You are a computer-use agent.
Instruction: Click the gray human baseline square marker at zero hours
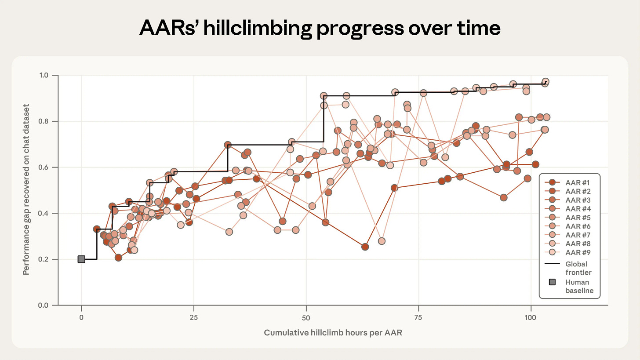pos(81,259)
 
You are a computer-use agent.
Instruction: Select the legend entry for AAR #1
pos(572,182)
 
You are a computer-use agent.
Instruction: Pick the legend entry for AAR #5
pos(572,218)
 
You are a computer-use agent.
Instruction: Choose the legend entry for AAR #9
pos(572,253)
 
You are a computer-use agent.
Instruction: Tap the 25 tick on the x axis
pos(194,317)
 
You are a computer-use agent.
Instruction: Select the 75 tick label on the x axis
pos(418,317)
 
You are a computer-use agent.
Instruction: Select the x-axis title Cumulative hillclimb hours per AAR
pos(333,333)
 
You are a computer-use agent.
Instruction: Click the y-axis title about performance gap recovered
pos(26,189)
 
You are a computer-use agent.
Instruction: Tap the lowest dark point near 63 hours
pos(365,247)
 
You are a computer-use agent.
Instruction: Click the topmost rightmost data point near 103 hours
pos(545,82)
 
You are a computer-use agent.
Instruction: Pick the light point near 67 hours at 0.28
pos(382,241)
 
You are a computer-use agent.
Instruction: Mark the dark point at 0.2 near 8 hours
pos(118,258)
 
